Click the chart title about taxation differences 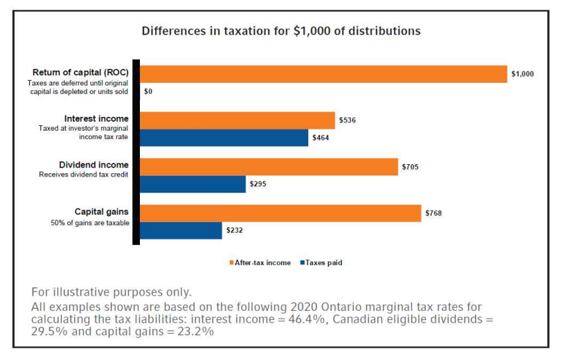click(281, 31)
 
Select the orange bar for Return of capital click(324, 74)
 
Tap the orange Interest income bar click(237, 120)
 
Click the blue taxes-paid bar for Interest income click(224, 138)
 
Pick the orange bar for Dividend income click(269, 167)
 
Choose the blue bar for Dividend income click(193, 184)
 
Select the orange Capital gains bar click(280, 213)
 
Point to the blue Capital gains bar click(181, 230)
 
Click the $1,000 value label click(522, 74)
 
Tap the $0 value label click(148, 91)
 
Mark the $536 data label click(347, 120)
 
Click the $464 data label click(321, 138)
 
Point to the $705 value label click(410, 167)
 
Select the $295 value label click(258, 184)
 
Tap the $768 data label click(434, 213)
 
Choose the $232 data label click(235, 230)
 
